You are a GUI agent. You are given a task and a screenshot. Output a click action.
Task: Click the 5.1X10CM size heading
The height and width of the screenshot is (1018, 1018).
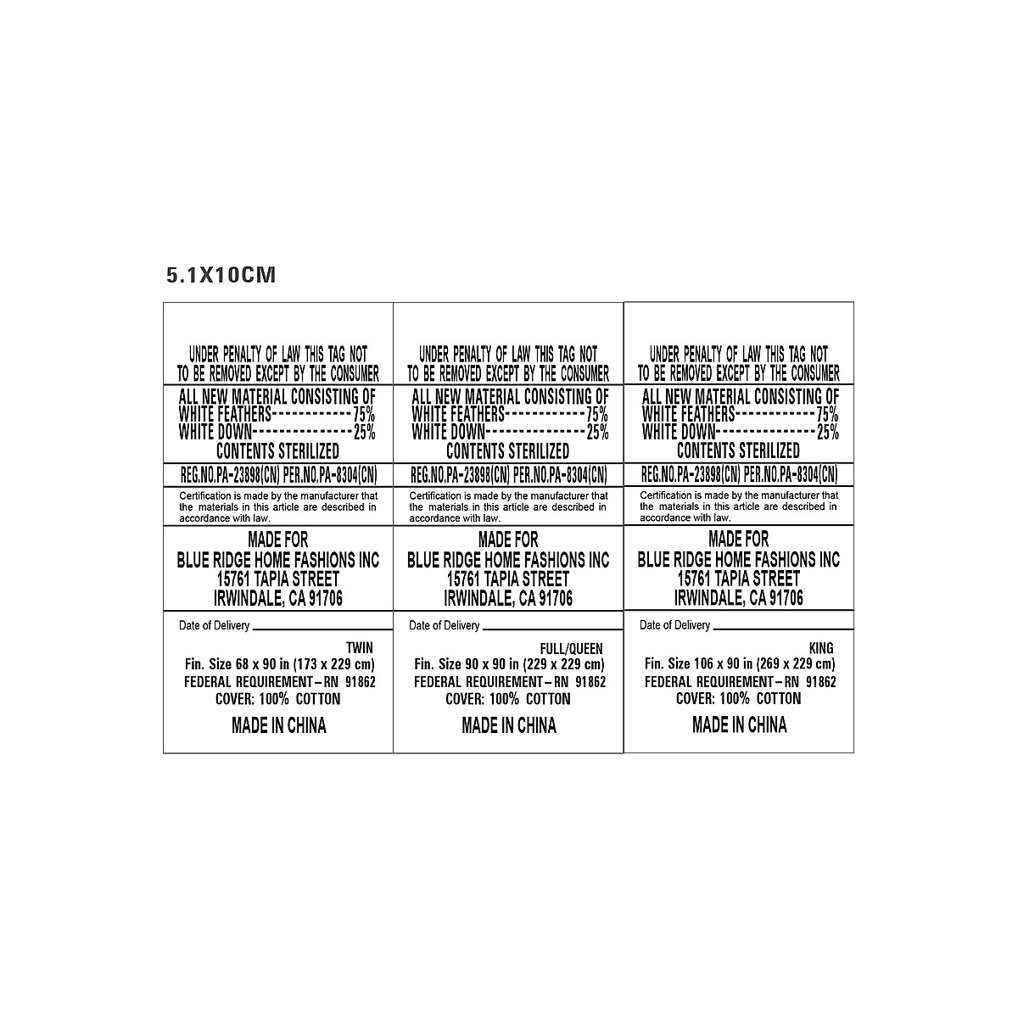tap(221, 276)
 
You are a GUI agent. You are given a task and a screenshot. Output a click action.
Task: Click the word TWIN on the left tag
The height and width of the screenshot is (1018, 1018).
tap(360, 647)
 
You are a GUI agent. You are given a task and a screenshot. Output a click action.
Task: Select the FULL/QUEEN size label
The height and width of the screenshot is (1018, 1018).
tap(571, 647)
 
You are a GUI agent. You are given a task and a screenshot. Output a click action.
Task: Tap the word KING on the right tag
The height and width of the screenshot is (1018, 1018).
tap(822, 646)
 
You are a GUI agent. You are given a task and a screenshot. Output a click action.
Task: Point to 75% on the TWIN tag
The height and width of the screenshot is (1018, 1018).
tap(364, 415)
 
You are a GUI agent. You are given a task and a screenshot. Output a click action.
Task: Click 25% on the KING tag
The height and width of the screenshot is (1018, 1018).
tap(826, 433)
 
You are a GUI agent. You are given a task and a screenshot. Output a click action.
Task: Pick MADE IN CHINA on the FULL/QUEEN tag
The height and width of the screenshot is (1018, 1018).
tap(509, 725)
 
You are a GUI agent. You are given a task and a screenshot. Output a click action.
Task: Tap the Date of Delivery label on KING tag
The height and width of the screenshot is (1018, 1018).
tap(674, 625)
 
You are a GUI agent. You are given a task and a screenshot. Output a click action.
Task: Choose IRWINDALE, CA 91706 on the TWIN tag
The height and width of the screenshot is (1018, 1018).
tap(278, 598)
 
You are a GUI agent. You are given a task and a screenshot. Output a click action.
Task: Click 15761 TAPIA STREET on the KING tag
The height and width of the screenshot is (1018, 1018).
tap(738, 579)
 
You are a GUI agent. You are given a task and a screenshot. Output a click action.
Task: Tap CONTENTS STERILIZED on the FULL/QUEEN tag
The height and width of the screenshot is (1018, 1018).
tap(508, 450)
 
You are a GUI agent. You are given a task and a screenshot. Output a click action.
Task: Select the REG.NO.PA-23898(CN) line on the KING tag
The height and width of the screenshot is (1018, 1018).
tap(690, 474)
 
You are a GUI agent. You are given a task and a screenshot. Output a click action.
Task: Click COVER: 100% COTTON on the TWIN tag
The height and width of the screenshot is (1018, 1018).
tap(278, 699)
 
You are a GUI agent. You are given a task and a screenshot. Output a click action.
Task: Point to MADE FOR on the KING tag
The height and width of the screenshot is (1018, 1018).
tap(738, 540)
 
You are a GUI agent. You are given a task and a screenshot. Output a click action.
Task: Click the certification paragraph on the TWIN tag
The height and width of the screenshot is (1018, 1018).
tap(278, 506)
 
